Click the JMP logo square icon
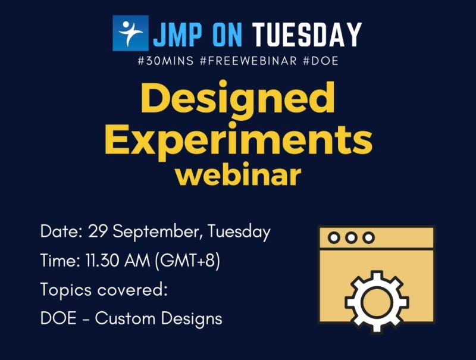[x=130, y=33]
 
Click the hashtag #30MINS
[x=168, y=61]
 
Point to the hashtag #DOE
[x=321, y=61]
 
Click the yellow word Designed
[x=237, y=99]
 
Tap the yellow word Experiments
[x=237, y=139]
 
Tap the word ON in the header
[x=226, y=35]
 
